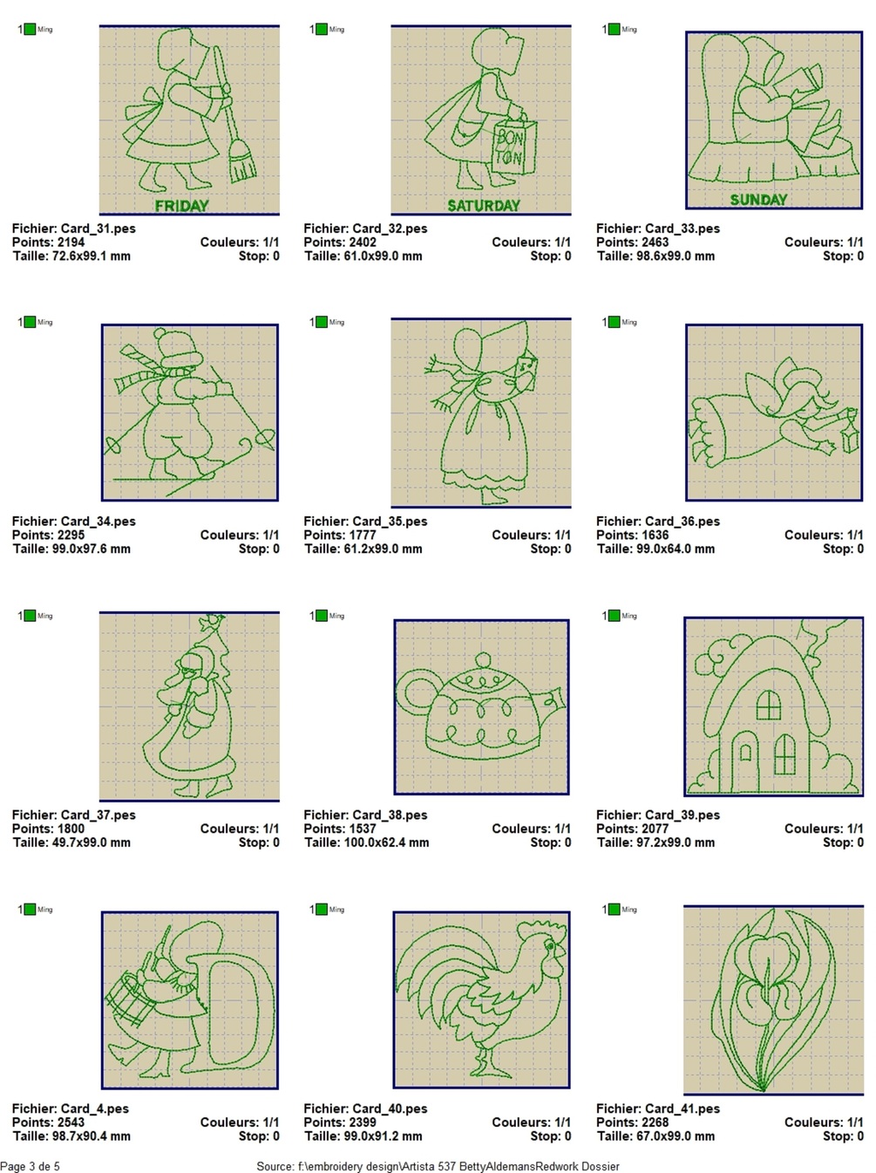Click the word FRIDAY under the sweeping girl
coord(181,206)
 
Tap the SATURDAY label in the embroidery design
coord(484,206)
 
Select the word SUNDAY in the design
coord(758,200)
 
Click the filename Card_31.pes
coord(98,228)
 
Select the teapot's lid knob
coord(483,660)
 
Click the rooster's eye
coord(550,947)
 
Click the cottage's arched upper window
coord(769,705)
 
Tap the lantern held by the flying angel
coord(849,431)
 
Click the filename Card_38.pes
coord(390,815)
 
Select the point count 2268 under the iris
coord(655,1122)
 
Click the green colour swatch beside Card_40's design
coord(322,909)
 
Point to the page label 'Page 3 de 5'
coord(30,1166)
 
